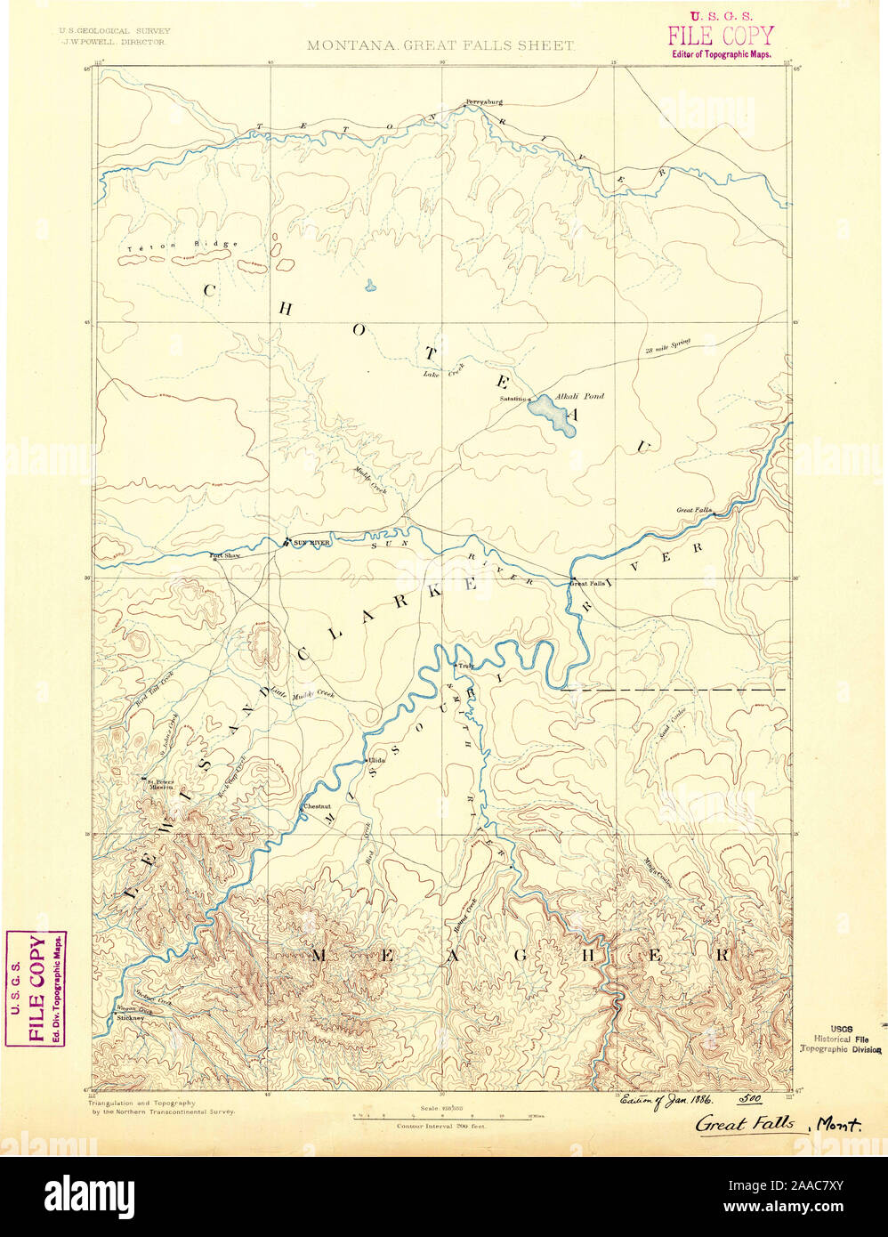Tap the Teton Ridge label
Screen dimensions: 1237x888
182,245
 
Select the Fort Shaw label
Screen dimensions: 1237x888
225,556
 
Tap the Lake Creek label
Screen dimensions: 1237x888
443,375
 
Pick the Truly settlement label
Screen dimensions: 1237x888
465,665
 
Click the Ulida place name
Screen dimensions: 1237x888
375,762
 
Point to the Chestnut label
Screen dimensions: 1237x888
317,806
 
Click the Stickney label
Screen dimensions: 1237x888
130,1016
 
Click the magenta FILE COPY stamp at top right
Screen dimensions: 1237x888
721,34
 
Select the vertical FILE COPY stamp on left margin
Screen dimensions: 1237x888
36,988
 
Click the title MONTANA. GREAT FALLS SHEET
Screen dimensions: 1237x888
440,45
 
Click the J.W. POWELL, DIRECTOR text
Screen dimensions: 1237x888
115,41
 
